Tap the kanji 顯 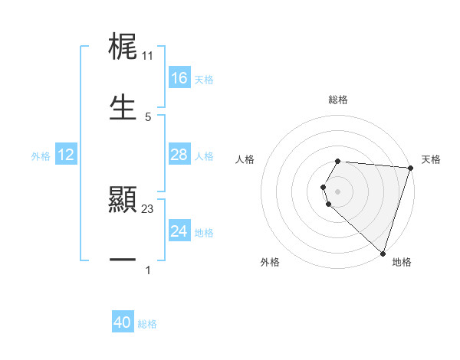click(x=123, y=201)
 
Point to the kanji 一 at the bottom click(x=123, y=260)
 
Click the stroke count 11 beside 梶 click(x=148, y=56)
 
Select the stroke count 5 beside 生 click(x=148, y=116)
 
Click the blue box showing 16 click(x=179, y=78)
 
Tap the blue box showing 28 click(x=179, y=155)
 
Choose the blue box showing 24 click(x=179, y=231)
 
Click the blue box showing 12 click(x=66, y=155)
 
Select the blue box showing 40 click(x=123, y=322)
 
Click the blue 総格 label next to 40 click(x=147, y=324)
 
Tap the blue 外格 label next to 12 click(x=41, y=156)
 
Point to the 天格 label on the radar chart click(x=431, y=159)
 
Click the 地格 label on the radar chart click(x=402, y=262)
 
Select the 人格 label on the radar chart click(x=245, y=159)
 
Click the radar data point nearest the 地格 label click(x=383, y=253)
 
